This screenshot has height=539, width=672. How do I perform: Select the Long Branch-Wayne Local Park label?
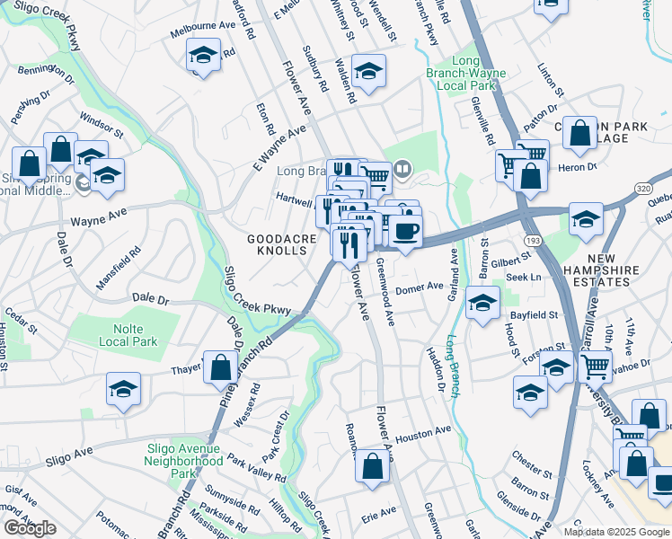[x=465, y=73]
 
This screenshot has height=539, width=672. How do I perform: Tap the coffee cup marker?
[x=405, y=231]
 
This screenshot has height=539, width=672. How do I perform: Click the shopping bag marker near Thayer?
[x=220, y=367]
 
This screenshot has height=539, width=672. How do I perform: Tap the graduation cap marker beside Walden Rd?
[x=368, y=71]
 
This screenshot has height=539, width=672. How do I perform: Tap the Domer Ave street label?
[x=420, y=287]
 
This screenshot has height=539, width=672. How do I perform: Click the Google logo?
[x=30, y=528]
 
